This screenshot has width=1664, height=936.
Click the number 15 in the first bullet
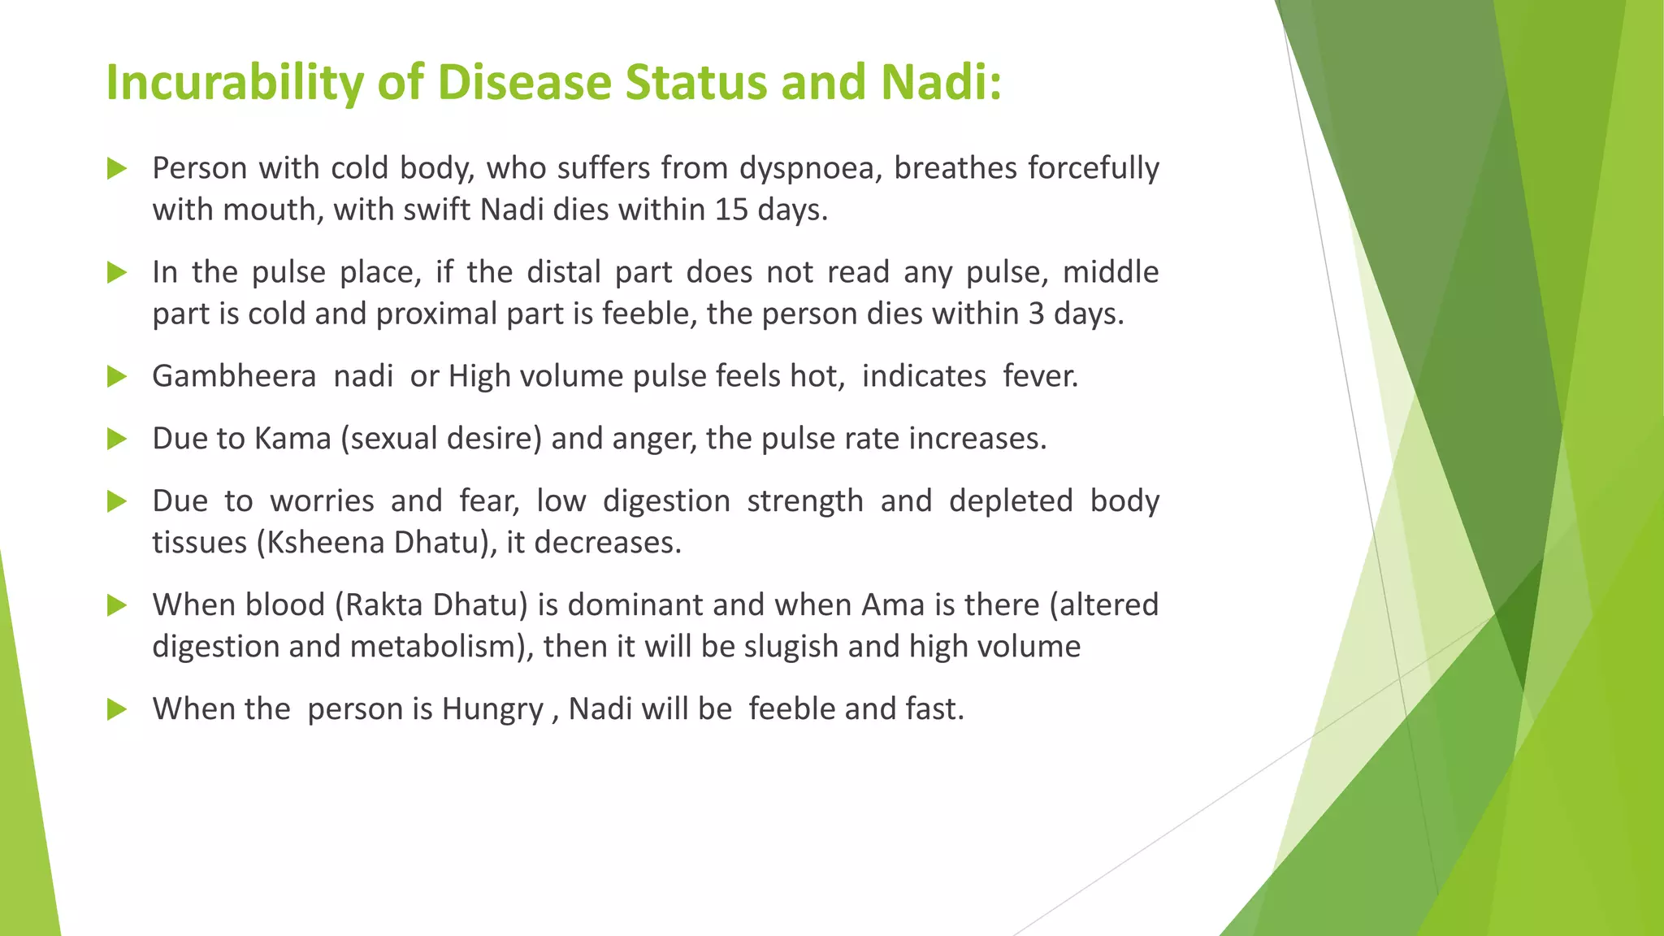point(732,210)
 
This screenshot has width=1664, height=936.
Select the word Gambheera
point(234,376)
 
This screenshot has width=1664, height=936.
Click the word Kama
point(292,439)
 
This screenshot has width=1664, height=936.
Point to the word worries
point(322,501)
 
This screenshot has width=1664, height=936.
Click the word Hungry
point(492,710)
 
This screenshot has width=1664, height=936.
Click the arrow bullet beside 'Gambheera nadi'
point(117,376)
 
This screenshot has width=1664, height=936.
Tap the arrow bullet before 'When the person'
point(117,709)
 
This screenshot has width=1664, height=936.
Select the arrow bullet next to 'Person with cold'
point(117,169)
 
